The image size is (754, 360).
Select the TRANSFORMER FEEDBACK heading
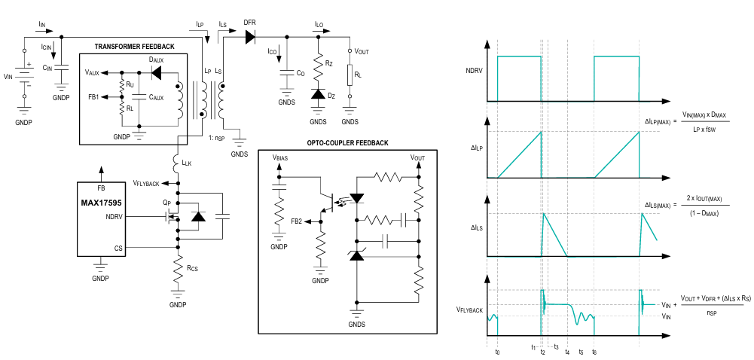pos(134,47)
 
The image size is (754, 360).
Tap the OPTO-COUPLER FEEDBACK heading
pos(347,143)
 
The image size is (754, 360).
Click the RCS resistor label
pos(192,267)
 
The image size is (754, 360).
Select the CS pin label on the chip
pos(118,248)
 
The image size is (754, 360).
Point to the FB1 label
pos(93,96)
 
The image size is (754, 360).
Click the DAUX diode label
pos(156,60)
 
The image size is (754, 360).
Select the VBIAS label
pos(280,157)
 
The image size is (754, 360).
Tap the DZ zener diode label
pos(332,96)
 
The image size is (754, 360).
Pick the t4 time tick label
pos(567,352)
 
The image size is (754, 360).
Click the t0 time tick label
pos(497,352)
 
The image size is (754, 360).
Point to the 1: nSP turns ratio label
pos(216,138)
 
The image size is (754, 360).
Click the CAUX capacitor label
pos(156,98)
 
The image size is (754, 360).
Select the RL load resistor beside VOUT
pos(350,75)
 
